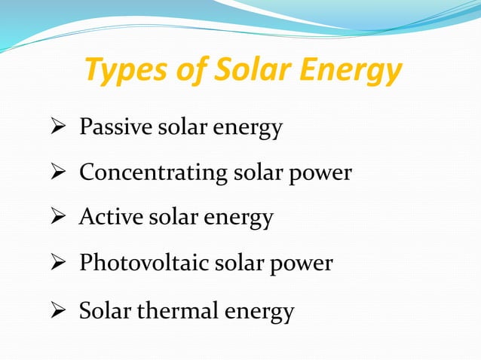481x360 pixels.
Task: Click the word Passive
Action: point(114,128)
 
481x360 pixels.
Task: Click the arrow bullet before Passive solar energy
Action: point(60,129)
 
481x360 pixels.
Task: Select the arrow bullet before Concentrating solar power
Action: point(60,174)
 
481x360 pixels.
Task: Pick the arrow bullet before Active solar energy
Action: point(60,219)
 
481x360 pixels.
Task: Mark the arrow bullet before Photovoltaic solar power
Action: point(60,264)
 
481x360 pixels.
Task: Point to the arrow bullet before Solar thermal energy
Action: point(60,310)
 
